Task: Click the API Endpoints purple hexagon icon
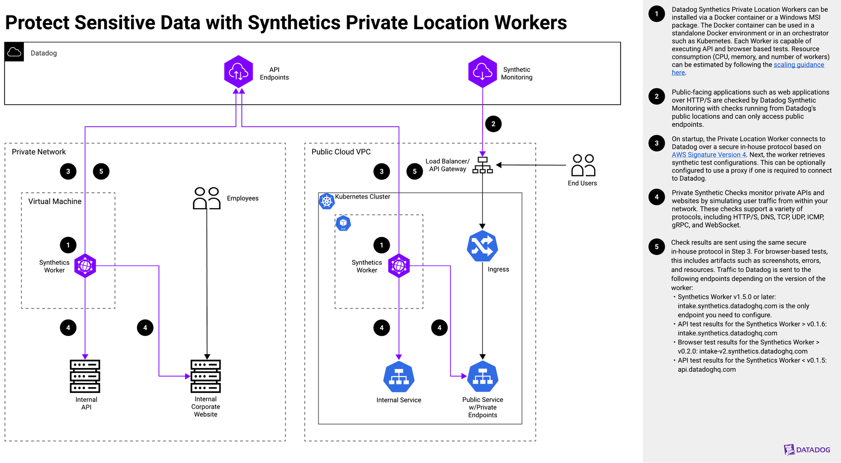(238, 72)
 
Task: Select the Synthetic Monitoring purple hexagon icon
(482, 72)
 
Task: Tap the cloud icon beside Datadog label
(14, 52)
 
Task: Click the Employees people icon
(207, 198)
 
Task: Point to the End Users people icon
(583, 165)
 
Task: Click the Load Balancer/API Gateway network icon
(482, 165)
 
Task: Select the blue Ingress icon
(482, 246)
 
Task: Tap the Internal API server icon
(85, 376)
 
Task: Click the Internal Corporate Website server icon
(206, 376)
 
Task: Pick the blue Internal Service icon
(399, 377)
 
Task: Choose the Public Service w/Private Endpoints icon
(483, 377)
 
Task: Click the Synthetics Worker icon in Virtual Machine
(85, 266)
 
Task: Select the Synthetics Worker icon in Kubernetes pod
(399, 266)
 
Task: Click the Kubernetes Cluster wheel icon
(327, 201)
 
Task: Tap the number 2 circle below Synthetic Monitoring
(493, 124)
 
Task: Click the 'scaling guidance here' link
(798, 65)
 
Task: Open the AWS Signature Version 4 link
(708, 154)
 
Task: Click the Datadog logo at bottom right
(807, 450)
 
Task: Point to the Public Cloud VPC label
(341, 152)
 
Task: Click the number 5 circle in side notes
(656, 246)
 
